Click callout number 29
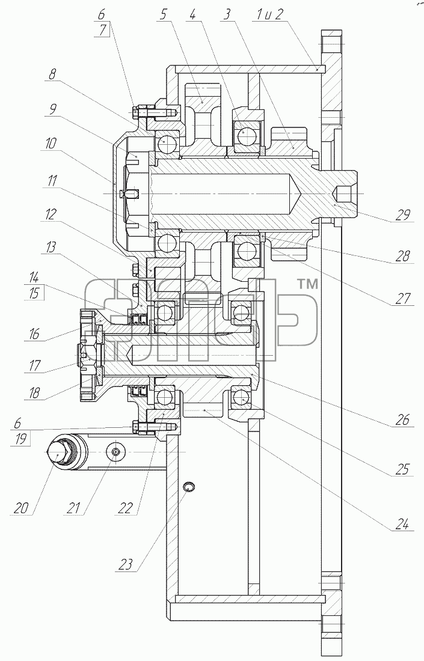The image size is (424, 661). pyautogui.click(x=402, y=215)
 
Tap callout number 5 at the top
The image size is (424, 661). pyautogui.click(x=163, y=15)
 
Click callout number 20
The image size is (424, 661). pyautogui.click(x=20, y=508)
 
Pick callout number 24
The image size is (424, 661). pyautogui.click(x=402, y=525)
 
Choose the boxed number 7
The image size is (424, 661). pyautogui.click(x=101, y=31)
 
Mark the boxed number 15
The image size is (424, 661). pyautogui.click(x=35, y=293)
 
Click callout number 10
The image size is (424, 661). pyautogui.click(x=50, y=144)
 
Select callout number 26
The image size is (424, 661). pyautogui.click(x=402, y=419)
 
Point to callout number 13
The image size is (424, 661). pyautogui.click(x=50, y=247)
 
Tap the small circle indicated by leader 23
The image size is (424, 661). pyautogui.click(x=189, y=487)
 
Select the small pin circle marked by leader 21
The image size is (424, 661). pyautogui.click(x=116, y=451)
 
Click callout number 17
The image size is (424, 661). pyautogui.click(x=35, y=365)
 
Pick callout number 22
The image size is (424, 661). pyautogui.click(x=125, y=508)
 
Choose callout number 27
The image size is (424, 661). pyautogui.click(x=402, y=299)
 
